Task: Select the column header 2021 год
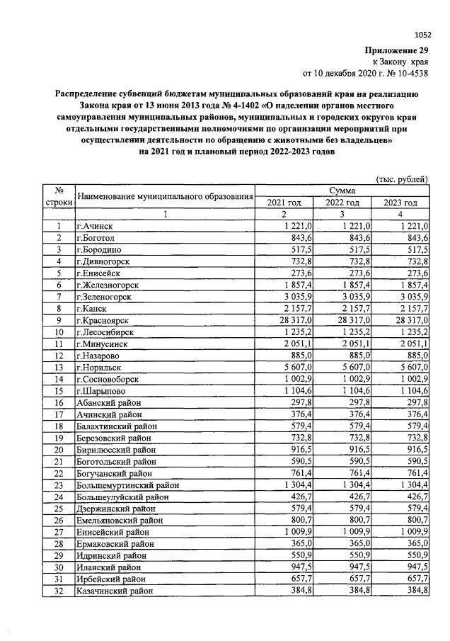(x=283, y=203)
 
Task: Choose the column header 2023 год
(x=400, y=203)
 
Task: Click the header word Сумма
(x=342, y=191)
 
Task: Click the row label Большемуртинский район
(x=127, y=485)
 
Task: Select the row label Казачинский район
(x=114, y=590)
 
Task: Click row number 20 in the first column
(x=59, y=450)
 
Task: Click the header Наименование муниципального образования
(x=164, y=196)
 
